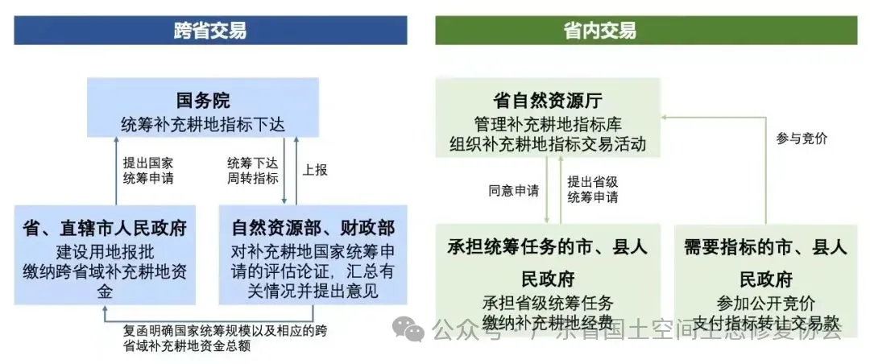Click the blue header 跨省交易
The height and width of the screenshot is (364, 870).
pyautogui.click(x=210, y=31)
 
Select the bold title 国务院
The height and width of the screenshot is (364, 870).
pyautogui.click(x=203, y=101)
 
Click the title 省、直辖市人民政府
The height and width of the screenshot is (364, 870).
pyautogui.click(x=105, y=228)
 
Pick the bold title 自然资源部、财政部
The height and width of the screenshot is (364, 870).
pyautogui.click(x=313, y=228)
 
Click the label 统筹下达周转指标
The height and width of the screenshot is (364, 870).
pyautogui.click(x=253, y=171)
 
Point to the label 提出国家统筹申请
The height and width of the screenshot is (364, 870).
pyautogui.click(x=148, y=171)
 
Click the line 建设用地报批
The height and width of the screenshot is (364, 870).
pyautogui.click(x=105, y=250)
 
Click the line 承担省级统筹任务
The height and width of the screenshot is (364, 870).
pyautogui.click(x=548, y=304)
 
